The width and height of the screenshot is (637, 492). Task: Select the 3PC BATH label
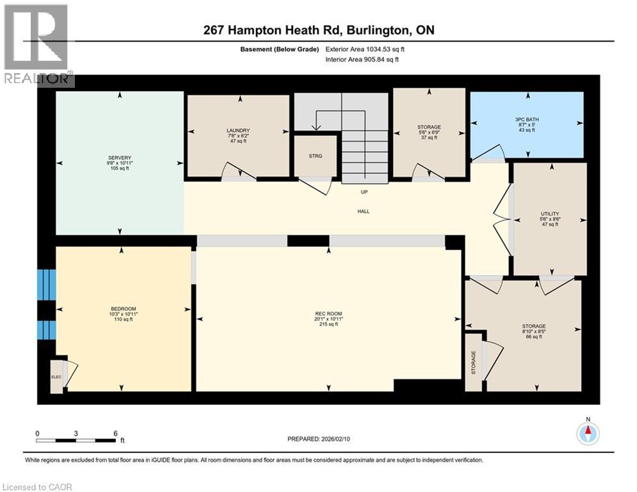click(527, 120)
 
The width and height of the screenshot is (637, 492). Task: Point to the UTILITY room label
click(550, 213)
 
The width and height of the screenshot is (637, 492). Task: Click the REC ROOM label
click(328, 313)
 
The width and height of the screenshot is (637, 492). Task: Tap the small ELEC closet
click(56, 377)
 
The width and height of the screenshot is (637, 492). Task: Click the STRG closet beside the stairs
click(315, 156)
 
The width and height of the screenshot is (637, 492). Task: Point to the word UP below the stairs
click(364, 192)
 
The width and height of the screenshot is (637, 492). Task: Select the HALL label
click(364, 211)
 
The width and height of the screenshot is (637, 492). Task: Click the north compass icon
click(587, 434)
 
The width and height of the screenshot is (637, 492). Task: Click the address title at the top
click(319, 30)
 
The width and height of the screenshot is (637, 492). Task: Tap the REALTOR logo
click(37, 45)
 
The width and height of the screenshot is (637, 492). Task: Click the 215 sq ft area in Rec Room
click(328, 324)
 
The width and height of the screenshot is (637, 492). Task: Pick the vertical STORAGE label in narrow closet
click(474, 363)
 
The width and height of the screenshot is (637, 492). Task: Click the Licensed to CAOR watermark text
click(37, 487)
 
